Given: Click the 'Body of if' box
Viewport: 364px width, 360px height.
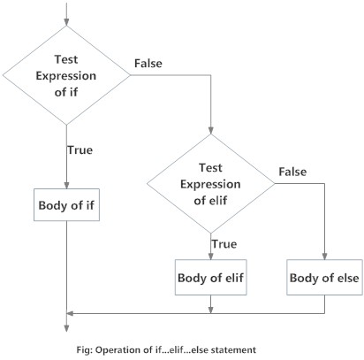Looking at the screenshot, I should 66,206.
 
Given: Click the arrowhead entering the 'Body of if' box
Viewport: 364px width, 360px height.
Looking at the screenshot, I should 66,185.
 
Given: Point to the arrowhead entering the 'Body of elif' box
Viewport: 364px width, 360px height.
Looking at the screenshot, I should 210,257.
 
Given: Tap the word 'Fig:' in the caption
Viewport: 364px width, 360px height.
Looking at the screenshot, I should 86,349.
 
